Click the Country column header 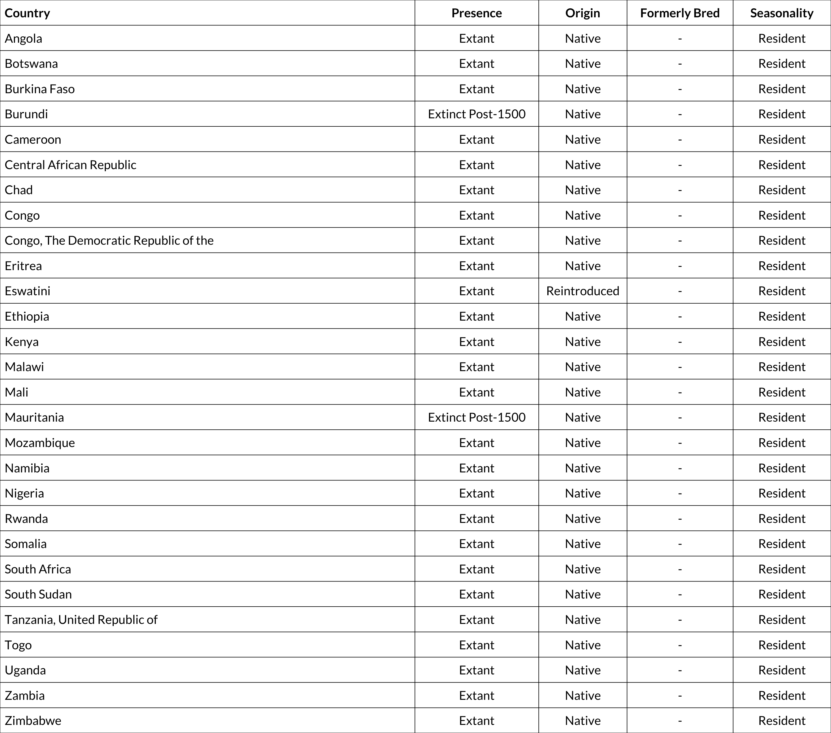(x=27, y=13)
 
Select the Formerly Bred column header (x=680, y=13)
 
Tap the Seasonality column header (x=781, y=13)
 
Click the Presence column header (x=476, y=13)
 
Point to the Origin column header (x=583, y=13)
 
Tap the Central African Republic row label (x=70, y=165)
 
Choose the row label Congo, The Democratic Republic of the (x=109, y=241)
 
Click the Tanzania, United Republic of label (x=81, y=620)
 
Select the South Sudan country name (x=38, y=594)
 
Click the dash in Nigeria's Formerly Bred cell (x=680, y=493)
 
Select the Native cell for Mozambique (x=583, y=443)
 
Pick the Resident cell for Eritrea (x=781, y=266)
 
